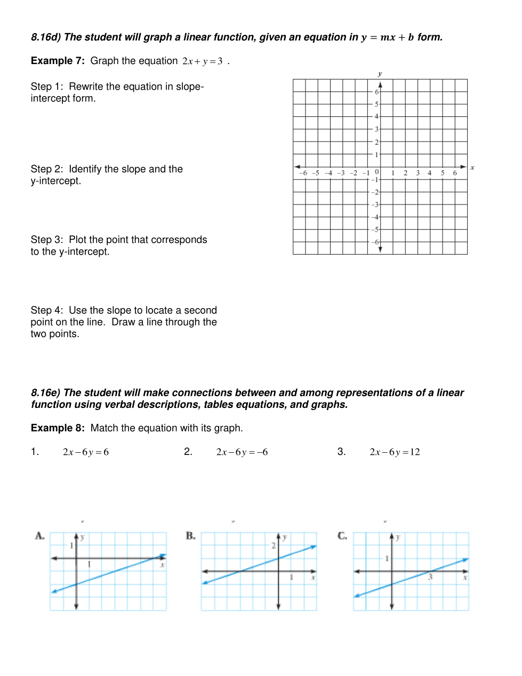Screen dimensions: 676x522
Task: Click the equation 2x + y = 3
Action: (202, 61)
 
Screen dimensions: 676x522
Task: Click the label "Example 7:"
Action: (58, 61)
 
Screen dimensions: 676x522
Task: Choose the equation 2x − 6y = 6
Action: (86, 452)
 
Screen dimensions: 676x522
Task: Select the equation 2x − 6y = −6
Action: (242, 452)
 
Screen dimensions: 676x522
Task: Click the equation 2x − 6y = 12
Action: (395, 452)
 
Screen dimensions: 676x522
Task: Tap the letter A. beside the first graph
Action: (40, 536)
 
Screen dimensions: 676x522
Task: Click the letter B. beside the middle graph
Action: (191, 536)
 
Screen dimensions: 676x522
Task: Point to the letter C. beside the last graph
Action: (342, 536)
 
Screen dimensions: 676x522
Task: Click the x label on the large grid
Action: (472, 168)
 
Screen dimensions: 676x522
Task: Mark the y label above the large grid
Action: (380, 74)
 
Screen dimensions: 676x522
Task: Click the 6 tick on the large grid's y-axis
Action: (376, 92)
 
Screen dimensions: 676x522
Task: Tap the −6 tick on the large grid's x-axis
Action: (303, 173)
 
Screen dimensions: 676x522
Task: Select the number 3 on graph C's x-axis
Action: (430, 577)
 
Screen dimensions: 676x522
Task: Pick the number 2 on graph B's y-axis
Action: (274, 546)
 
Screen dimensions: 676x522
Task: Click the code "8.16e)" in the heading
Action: (46, 393)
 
